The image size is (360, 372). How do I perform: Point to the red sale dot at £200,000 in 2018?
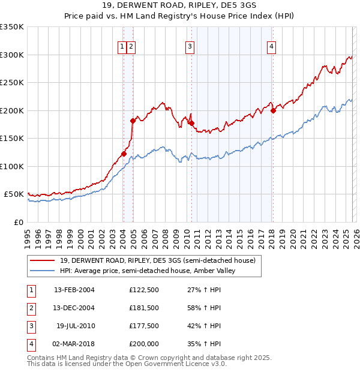tap(273, 110)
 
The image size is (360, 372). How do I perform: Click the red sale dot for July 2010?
tap(192, 123)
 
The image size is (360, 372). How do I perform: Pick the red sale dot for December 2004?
tap(133, 121)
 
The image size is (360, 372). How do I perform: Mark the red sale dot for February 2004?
tap(124, 154)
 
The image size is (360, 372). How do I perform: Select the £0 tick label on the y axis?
tap(19, 222)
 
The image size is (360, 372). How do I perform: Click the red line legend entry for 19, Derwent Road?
tap(158, 260)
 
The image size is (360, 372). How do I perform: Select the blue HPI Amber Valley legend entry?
tap(148, 271)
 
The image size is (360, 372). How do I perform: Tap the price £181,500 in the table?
tap(144, 308)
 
